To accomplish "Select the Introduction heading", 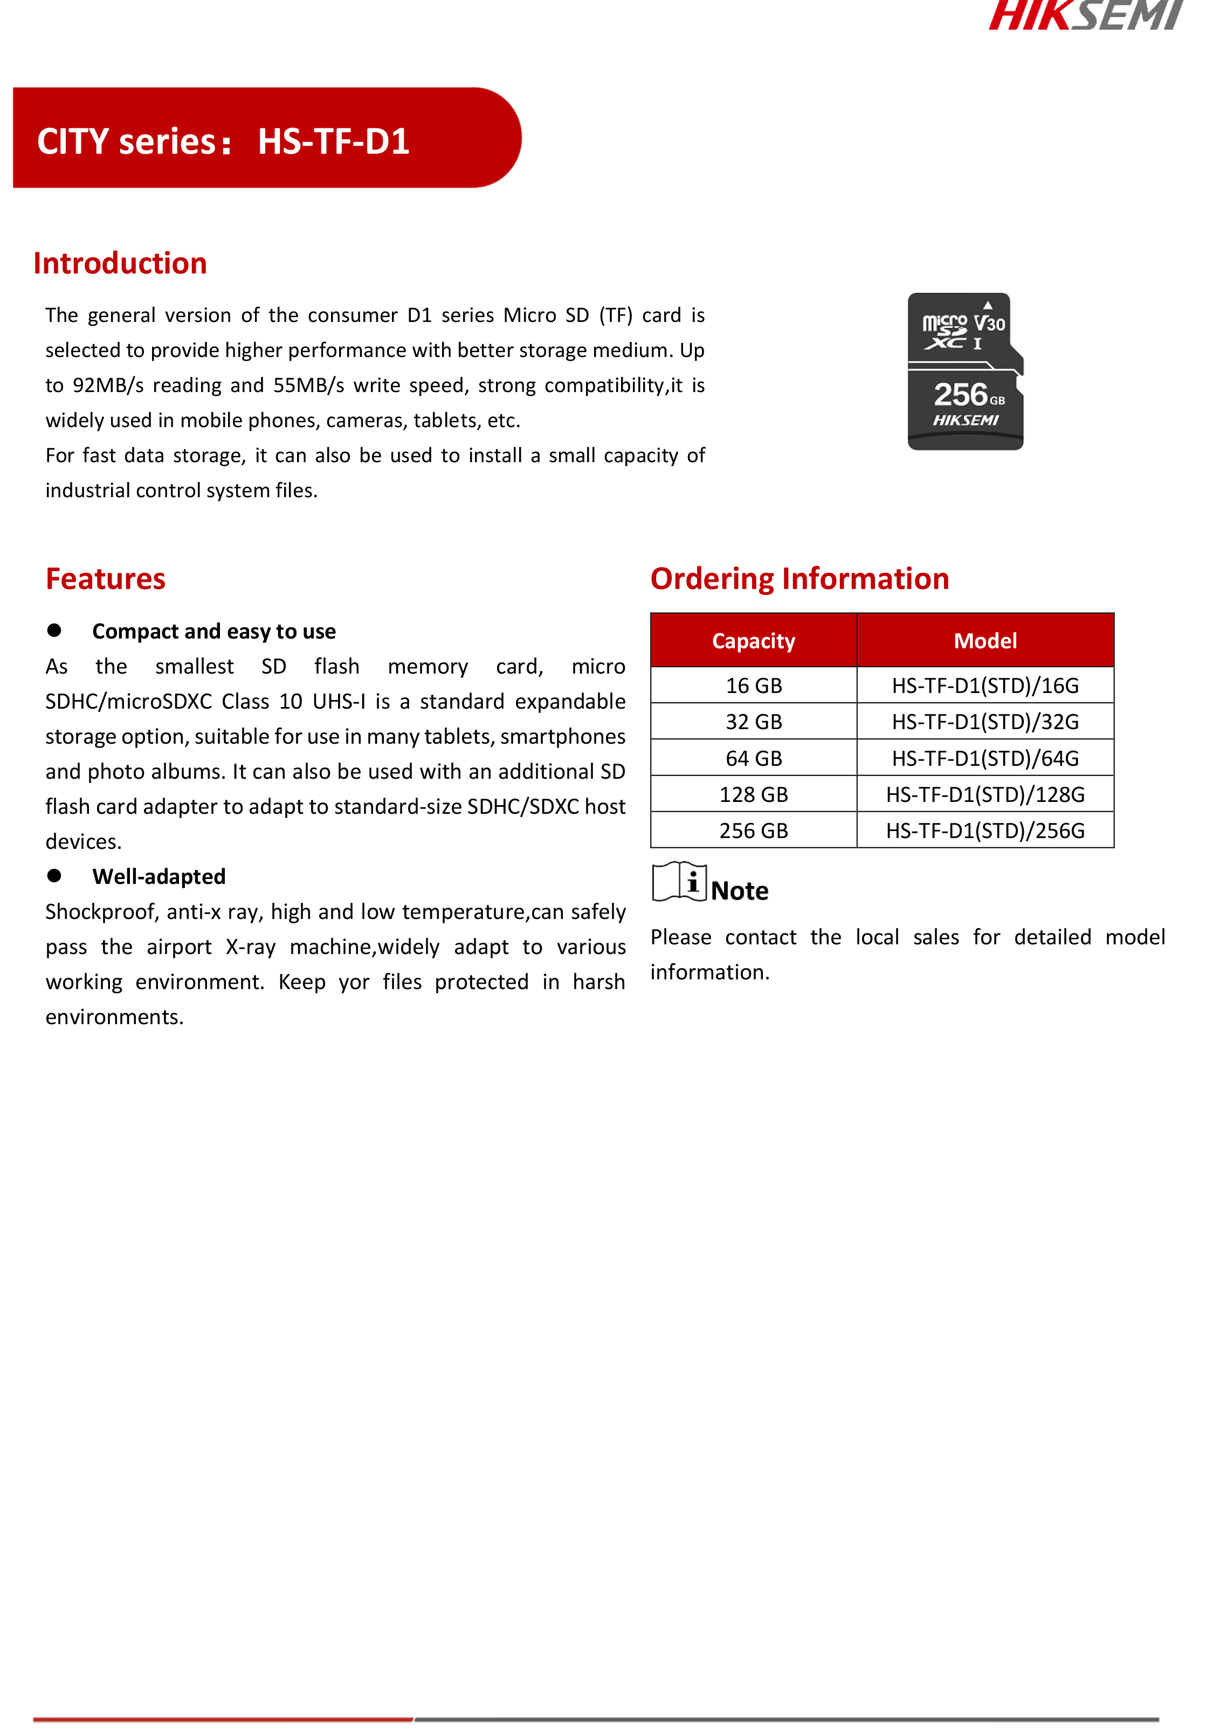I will click(120, 264).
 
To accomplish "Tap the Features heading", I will click(105, 579).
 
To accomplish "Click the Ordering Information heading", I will click(800, 579).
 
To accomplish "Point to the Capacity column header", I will click(753, 641).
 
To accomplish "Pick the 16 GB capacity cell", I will click(753, 685).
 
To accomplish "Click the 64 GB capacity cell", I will click(753, 758).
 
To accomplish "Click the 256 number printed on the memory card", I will click(960, 395).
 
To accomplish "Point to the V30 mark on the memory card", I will click(989, 324).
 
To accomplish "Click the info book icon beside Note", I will click(679, 882).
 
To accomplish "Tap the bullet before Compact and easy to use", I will click(54, 630).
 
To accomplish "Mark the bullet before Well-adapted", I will click(54, 875).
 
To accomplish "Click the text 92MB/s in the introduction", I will click(108, 386).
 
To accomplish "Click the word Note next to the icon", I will click(739, 891).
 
